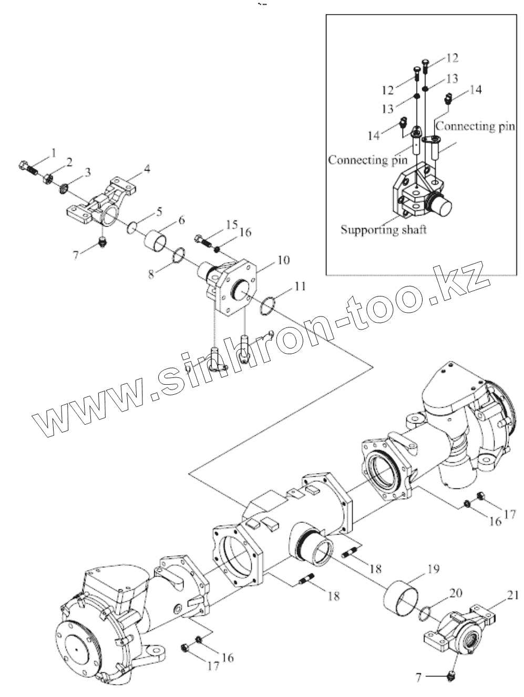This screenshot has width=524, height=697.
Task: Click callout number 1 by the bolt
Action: [x=53, y=153]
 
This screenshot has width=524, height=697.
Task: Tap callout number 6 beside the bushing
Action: [x=181, y=220]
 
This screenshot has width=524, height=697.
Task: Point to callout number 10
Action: [x=283, y=260]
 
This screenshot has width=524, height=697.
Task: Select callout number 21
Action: [x=513, y=596]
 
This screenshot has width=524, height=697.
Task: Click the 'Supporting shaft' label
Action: [x=383, y=230]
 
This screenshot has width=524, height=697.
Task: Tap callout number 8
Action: [x=152, y=274]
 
